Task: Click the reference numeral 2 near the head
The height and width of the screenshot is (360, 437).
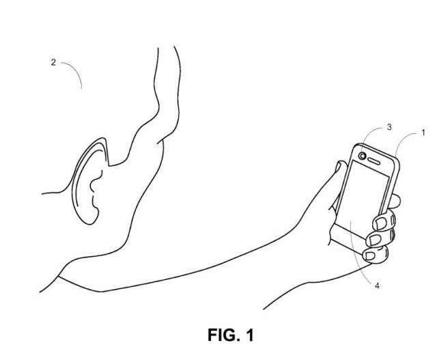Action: pyautogui.click(x=53, y=62)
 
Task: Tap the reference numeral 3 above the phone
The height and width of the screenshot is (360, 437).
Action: pyautogui.click(x=389, y=127)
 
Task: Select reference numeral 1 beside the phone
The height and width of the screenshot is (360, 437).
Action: pyautogui.click(x=423, y=133)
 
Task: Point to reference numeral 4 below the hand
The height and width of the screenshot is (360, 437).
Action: pyautogui.click(x=377, y=286)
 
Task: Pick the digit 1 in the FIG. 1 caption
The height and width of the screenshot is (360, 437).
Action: pyautogui.click(x=250, y=335)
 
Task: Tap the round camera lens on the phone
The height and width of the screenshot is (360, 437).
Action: pyautogui.click(x=363, y=156)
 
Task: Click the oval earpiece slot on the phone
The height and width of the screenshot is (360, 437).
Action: pyautogui.click(x=374, y=161)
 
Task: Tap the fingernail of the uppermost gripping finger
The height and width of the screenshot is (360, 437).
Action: pyautogui.click(x=381, y=223)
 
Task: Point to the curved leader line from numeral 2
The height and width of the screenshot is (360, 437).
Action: pyautogui.click(x=75, y=70)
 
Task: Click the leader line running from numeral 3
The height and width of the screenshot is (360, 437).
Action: pyautogui.click(x=369, y=134)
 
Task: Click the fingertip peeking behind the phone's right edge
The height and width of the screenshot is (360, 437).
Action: pyautogui.click(x=395, y=202)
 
